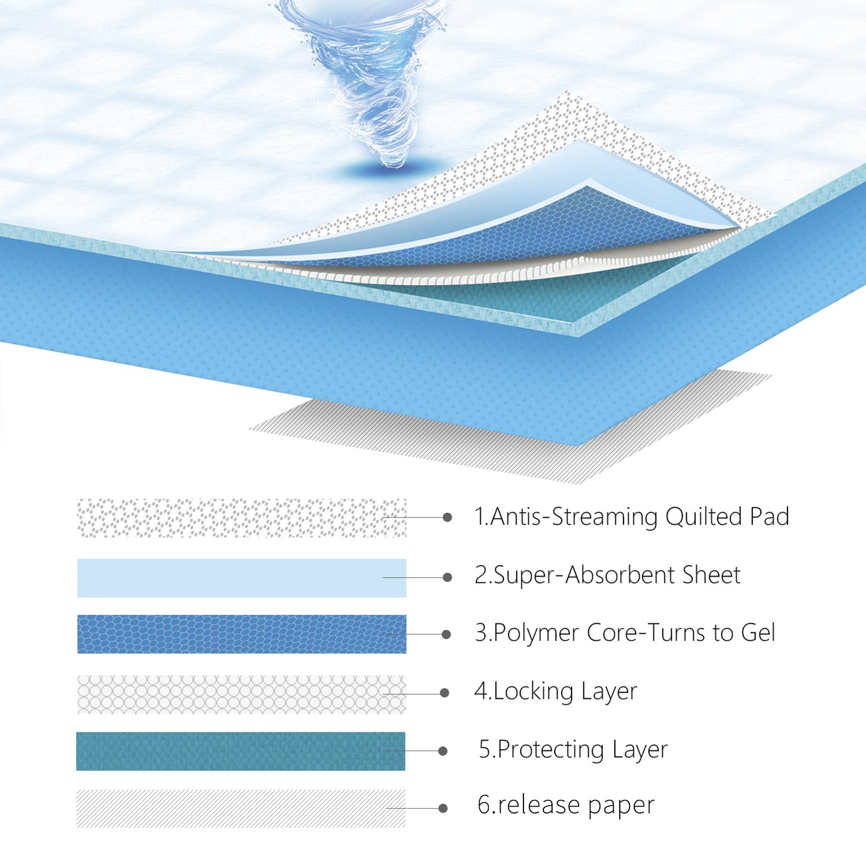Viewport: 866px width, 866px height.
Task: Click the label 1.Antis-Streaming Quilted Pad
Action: click(632, 517)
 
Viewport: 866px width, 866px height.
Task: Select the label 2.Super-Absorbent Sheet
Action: click(607, 575)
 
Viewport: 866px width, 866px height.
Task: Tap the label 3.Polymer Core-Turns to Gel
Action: click(625, 633)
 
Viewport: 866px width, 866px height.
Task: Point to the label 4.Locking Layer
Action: click(556, 692)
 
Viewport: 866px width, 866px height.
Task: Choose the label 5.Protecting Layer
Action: click(573, 750)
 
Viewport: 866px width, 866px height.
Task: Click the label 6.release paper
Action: click(566, 805)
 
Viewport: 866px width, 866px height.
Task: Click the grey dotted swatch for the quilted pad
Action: click(242, 518)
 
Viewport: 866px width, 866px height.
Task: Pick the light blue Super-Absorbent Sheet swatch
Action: click(242, 578)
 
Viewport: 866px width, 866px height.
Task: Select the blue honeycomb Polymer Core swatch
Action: click(242, 634)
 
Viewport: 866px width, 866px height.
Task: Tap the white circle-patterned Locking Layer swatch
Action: click(242, 694)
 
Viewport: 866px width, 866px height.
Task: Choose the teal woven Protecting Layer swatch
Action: click(241, 751)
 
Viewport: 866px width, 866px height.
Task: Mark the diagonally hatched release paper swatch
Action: click(241, 808)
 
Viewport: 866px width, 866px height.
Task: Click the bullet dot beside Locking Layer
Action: click(445, 693)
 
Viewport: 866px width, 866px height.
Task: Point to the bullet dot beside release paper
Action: click(443, 808)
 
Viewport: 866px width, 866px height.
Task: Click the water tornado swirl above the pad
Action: click(368, 76)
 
